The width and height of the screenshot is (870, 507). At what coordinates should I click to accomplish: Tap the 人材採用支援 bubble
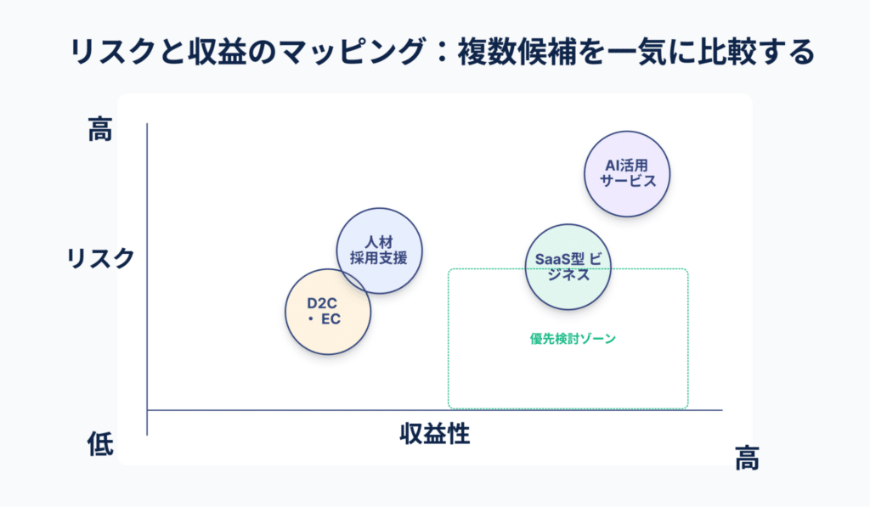[379, 251]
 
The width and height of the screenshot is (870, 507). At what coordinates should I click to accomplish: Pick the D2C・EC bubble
[328, 312]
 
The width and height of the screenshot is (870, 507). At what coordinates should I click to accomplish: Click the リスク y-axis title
[101, 257]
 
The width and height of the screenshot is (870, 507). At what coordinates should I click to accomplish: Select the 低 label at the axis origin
[100, 444]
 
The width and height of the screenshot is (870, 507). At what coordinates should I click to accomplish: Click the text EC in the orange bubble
[336, 320]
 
